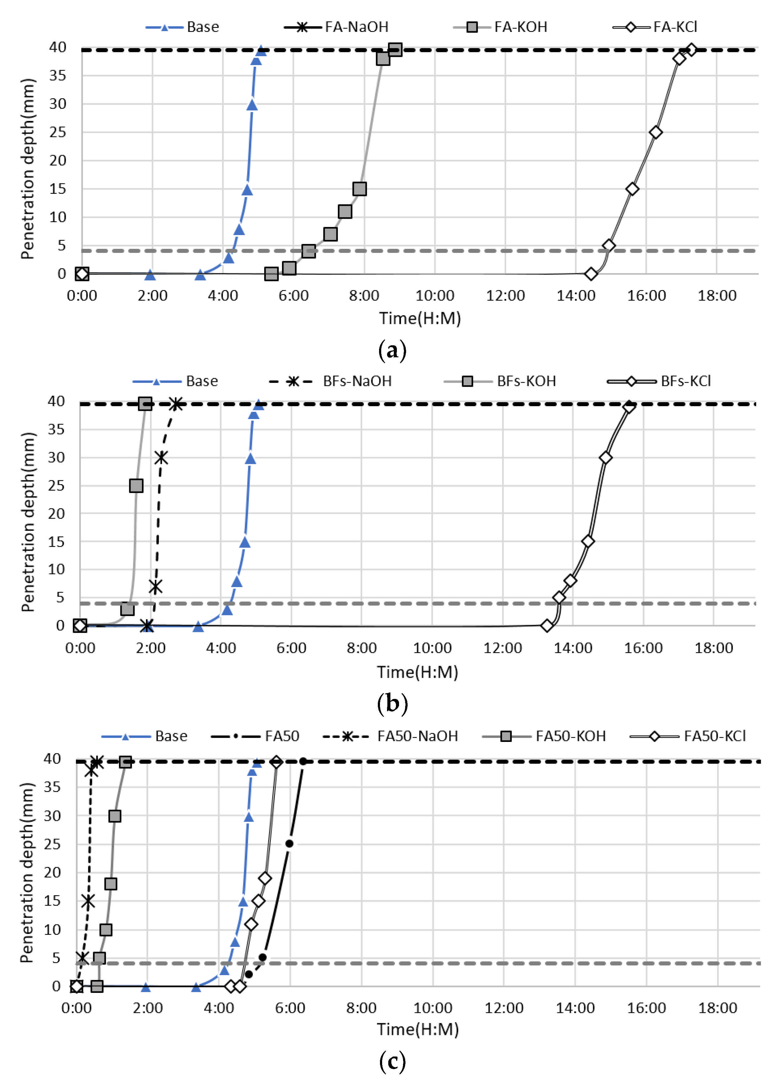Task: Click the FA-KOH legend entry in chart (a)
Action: [x=520, y=27]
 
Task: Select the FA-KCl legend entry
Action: [x=675, y=27]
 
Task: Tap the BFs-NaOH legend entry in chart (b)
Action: [x=357, y=381]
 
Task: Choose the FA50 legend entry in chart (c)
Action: [x=282, y=736]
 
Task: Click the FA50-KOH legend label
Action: [x=570, y=736]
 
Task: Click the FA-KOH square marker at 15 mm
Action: [x=360, y=189]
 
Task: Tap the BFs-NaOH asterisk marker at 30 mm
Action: [x=162, y=458]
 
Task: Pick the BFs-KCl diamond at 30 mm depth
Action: [x=605, y=458]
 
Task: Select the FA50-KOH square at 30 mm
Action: [x=115, y=816]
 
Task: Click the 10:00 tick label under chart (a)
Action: [x=435, y=296]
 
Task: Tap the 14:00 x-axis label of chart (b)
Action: [x=573, y=648]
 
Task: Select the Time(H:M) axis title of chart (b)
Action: [x=417, y=672]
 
